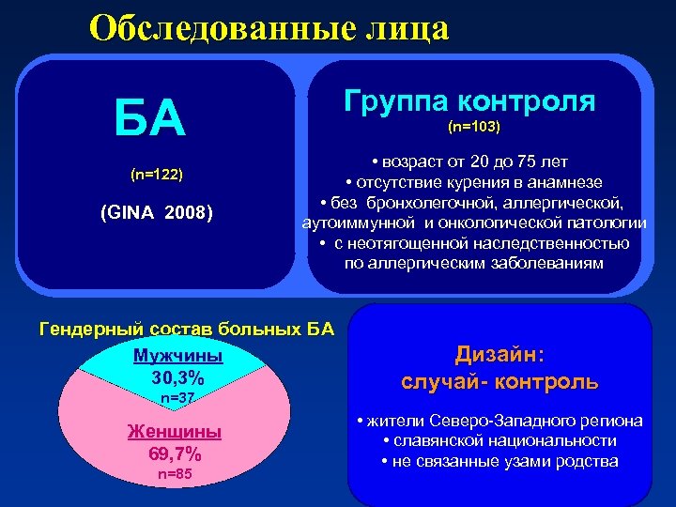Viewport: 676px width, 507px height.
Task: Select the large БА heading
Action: click(149, 119)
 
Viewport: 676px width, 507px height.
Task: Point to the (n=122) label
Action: click(156, 175)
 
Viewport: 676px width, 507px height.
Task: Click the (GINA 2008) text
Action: click(157, 214)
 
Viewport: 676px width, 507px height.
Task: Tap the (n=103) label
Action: click(473, 127)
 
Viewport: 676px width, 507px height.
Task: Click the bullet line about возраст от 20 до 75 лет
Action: click(473, 161)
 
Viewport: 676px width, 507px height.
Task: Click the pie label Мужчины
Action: click(177, 357)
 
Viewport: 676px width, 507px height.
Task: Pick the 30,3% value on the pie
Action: click(177, 378)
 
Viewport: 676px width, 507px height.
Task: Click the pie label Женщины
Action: click(174, 432)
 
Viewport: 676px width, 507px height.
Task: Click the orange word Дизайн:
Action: click(499, 354)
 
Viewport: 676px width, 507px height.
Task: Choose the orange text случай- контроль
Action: click(499, 382)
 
